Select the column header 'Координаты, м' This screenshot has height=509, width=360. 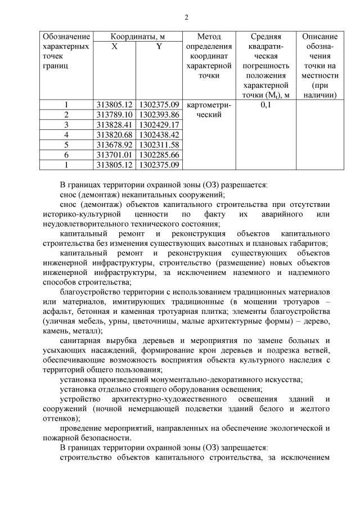[138, 36]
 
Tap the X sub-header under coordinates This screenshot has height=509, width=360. [114, 47]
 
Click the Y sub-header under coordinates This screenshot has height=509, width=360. [159, 47]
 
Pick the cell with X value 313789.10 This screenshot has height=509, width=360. [114, 114]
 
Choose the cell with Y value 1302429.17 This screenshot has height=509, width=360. [159, 124]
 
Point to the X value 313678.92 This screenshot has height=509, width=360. [114, 145]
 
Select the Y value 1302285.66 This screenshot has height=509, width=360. [159, 155]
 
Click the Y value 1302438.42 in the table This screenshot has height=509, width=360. [159, 134]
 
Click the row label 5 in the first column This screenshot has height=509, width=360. [66, 145]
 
